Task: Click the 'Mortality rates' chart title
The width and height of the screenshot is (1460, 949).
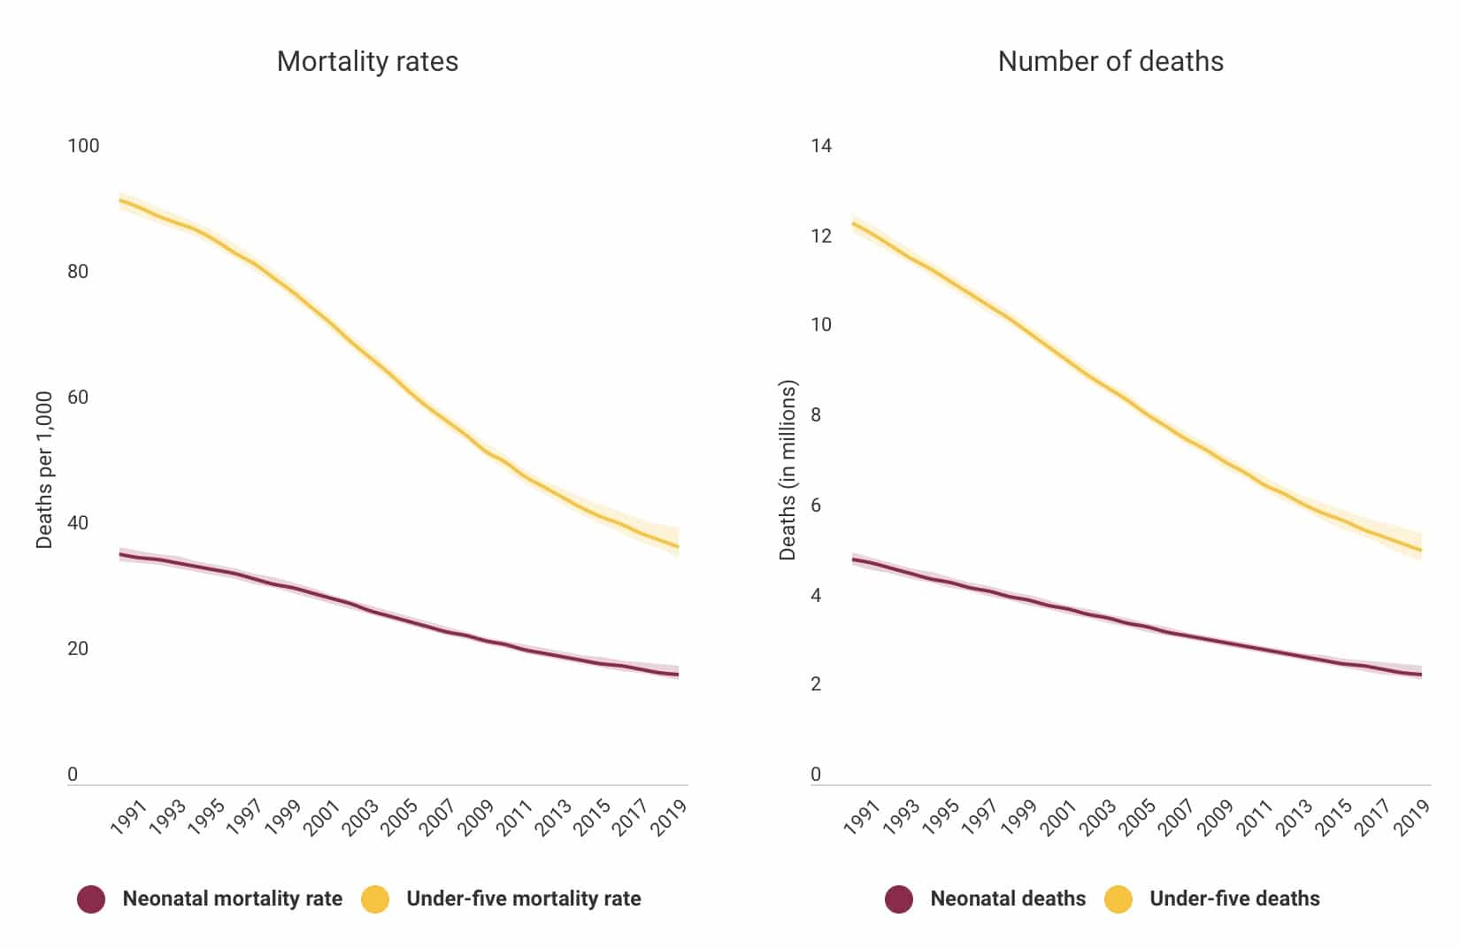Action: point(367,61)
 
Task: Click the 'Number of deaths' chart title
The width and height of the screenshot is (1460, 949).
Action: point(1110,61)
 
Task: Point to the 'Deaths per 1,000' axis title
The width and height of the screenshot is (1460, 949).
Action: point(44,470)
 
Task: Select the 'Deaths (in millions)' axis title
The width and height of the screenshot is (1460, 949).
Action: point(788,470)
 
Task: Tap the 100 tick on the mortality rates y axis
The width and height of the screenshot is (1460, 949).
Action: point(83,146)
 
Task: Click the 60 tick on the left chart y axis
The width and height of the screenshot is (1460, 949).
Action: point(78,397)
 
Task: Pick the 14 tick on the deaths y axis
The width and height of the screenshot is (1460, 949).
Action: point(821,146)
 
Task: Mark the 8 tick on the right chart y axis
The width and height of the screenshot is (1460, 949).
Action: point(816,415)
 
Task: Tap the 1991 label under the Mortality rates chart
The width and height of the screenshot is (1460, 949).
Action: point(128,817)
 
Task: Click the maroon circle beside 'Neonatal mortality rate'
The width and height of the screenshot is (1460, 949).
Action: point(91,899)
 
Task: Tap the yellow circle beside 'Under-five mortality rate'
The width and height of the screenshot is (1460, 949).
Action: point(375,899)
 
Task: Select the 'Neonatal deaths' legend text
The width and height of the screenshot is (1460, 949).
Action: point(1008,899)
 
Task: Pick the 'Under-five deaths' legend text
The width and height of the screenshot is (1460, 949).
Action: point(1234,899)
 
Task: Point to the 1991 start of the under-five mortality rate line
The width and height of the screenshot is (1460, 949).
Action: point(120,200)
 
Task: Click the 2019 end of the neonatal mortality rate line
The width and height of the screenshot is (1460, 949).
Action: point(678,675)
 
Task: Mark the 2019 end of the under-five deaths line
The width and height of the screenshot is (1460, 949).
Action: point(1421,551)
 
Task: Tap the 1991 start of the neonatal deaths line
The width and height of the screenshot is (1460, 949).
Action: point(853,559)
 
